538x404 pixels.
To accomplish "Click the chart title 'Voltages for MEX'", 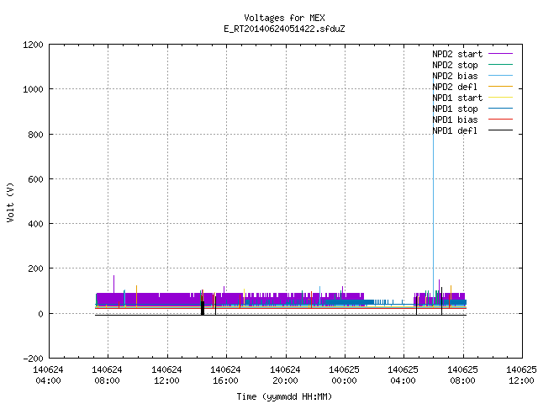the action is [284, 18].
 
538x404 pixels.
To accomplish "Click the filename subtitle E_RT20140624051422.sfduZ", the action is [284, 29].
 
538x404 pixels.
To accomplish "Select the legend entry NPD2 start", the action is [457, 54].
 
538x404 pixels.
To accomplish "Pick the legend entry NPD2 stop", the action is [455, 65].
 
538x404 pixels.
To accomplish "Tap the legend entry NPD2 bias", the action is [455, 76].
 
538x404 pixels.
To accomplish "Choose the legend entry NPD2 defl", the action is [455, 87].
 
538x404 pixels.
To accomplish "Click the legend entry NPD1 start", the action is [457, 98].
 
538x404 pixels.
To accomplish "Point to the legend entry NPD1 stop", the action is [455, 109].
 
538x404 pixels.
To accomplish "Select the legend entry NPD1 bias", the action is [455, 120].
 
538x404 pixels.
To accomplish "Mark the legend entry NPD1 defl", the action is [455, 131].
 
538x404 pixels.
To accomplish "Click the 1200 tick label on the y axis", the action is [33, 45].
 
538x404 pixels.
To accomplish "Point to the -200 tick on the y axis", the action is [33, 359].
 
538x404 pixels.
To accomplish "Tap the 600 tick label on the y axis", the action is [35, 179].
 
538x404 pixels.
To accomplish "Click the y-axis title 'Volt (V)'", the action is [10, 202].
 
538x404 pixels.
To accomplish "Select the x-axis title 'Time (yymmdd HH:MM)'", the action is [284, 396].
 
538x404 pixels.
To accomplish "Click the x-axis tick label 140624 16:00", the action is [225, 375].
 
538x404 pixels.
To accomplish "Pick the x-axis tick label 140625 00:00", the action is [344, 375].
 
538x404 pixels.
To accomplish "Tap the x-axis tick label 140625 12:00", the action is [521, 375].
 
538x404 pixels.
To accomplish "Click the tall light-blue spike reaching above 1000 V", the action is [434, 193].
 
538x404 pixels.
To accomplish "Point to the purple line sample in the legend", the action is [500, 54].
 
